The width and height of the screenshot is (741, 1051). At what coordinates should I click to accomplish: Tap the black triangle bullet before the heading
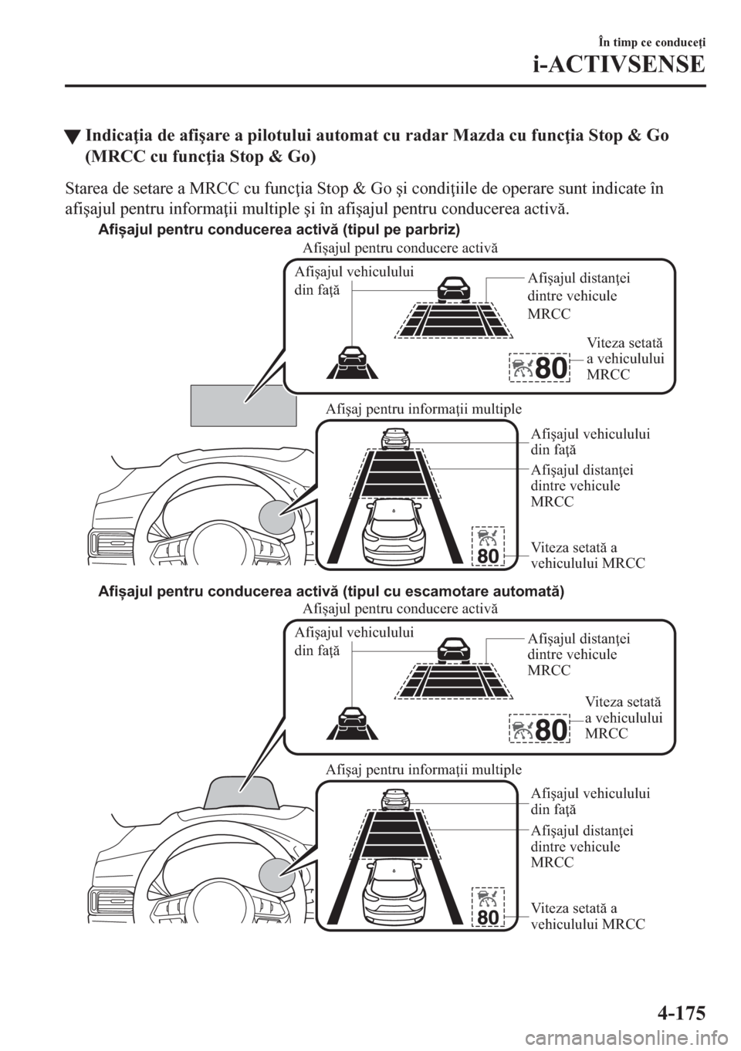click(x=73, y=139)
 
